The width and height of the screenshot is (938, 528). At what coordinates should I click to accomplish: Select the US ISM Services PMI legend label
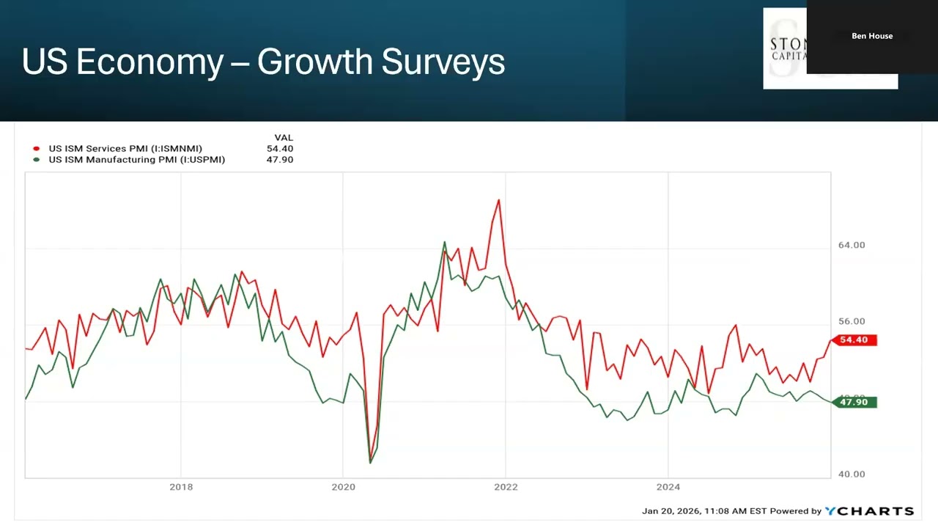click(x=125, y=149)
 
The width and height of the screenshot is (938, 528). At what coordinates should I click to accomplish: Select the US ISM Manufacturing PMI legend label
click(x=136, y=160)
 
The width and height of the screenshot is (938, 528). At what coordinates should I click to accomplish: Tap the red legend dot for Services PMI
click(x=36, y=149)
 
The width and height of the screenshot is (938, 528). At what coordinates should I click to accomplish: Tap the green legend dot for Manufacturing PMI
click(x=36, y=160)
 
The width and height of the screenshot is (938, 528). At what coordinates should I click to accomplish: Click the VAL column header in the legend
click(x=283, y=138)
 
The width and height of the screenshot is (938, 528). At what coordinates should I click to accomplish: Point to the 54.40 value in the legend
click(x=280, y=149)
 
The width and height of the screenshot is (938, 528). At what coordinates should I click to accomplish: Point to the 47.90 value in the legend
click(x=280, y=160)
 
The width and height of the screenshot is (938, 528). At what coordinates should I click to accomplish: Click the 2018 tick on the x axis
click(x=181, y=487)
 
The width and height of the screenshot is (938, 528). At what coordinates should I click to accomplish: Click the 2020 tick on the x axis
click(x=343, y=487)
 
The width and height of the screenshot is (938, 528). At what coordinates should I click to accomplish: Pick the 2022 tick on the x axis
click(x=506, y=487)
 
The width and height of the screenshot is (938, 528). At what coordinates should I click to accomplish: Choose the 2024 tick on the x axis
click(x=668, y=487)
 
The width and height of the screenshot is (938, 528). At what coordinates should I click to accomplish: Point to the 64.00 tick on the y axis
click(x=852, y=245)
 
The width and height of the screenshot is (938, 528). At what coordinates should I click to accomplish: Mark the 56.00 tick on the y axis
click(x=852, y=321)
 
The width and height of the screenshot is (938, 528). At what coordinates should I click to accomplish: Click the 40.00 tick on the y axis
click(x=852, y=474)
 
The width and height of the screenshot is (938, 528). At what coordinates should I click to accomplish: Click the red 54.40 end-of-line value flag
click(x=854, y=340)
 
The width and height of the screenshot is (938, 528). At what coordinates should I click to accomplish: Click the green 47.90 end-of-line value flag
click(x=854, y=402)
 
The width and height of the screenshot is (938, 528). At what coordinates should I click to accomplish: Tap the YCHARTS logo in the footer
click(x=869, y=511)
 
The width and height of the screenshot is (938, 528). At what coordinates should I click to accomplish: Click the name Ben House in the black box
click(x=872, y=36)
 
